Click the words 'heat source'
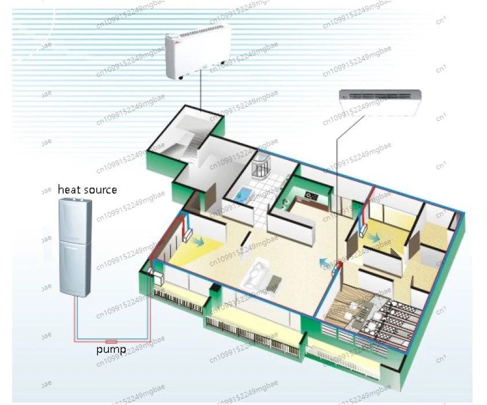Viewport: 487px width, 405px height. point(88,189)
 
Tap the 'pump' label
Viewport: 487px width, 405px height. point(111,349)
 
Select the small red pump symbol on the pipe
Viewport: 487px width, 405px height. point(111,341)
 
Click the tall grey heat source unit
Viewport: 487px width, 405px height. point(75,247)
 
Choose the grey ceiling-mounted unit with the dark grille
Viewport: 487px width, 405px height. point(380,103)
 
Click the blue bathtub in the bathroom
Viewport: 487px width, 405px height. point(242,195)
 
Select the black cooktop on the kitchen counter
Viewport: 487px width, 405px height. point(311,195)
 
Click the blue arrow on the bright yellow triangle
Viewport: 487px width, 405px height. point(198,241)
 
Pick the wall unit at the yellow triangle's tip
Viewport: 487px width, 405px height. point(188,235)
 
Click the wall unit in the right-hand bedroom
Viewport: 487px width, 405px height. point(363,231)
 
